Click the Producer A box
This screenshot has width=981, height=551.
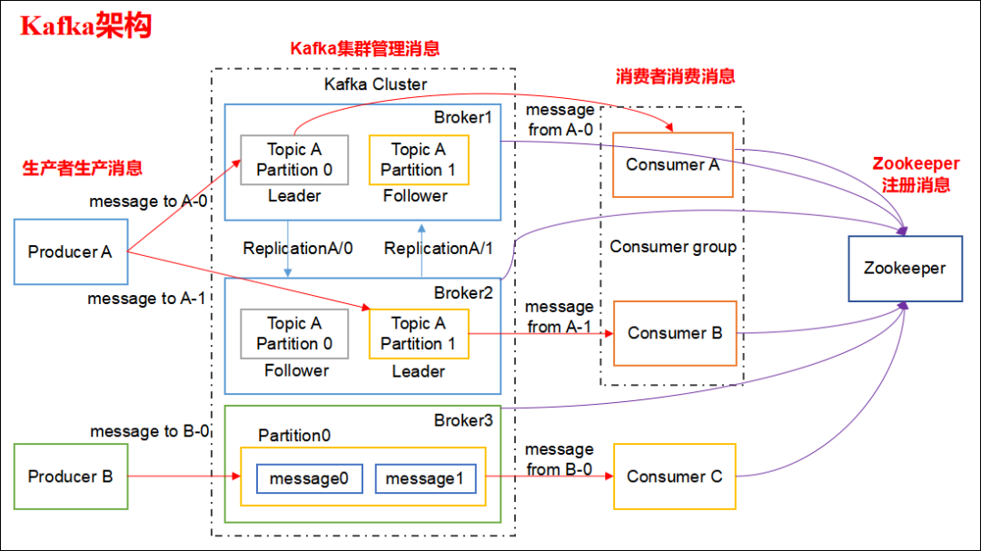[70, 251]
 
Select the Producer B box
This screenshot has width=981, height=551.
[70, 477]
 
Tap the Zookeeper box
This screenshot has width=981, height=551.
[904, 269]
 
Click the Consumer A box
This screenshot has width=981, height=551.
[672, 165]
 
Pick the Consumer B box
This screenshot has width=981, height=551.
[675, 333]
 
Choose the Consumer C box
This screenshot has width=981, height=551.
[674, 477]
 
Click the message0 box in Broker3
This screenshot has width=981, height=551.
[310, 478]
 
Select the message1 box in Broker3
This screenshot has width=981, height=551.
[425, 478]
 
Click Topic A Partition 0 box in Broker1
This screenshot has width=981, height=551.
[294, 160]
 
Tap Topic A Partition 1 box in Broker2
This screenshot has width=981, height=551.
[418, 333]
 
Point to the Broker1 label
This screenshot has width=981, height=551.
[461, 118]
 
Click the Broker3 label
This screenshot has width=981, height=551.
[461, 420]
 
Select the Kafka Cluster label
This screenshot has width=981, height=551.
[375, 84]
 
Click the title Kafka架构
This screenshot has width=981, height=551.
[85, 26]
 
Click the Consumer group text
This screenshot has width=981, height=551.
[673, 247]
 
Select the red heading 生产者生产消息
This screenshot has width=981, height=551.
[83, 168]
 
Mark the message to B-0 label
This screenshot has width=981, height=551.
[150, 431]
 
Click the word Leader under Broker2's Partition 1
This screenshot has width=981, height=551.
[418, 371]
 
